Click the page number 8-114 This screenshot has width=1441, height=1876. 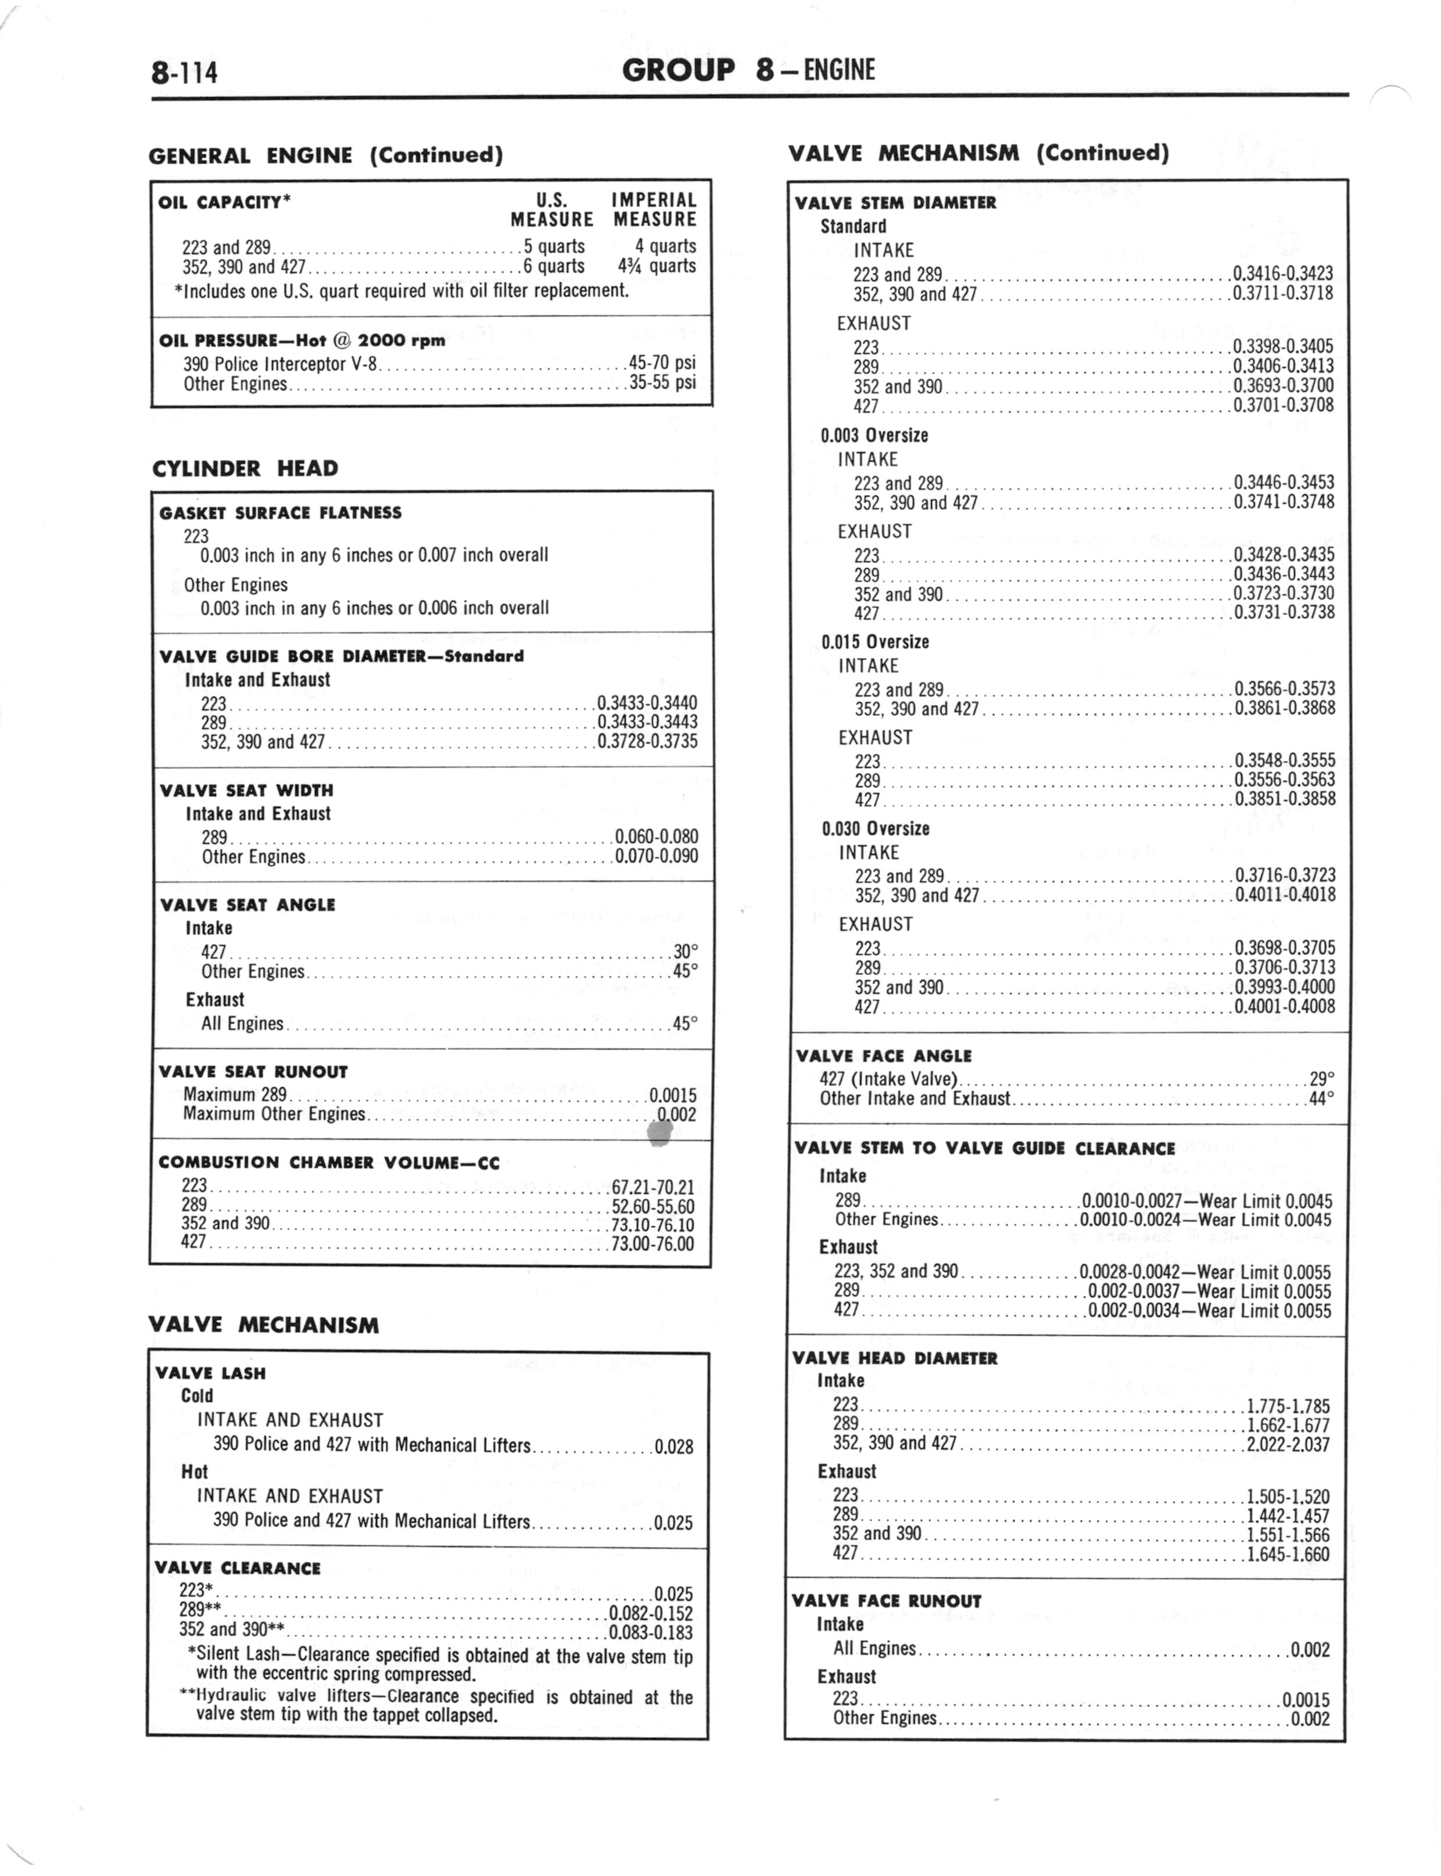[184, 71]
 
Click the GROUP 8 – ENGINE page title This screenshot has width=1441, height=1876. [748, 70]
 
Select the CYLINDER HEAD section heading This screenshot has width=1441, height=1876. [245, 468]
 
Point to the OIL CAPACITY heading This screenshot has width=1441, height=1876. [225, 202]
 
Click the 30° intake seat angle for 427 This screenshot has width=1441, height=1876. [685, 951]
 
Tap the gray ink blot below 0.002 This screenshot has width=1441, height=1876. [659, 1134]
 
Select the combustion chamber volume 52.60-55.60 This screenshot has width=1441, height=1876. [653, 1206]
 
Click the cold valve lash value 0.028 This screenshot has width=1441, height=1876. [673, 1447]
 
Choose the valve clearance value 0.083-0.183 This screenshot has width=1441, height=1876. [650, 1631]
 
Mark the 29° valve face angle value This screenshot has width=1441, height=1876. [1322, 1079]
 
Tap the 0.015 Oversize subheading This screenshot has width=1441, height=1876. [875, 641]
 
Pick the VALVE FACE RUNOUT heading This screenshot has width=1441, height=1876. [886, 1600]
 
